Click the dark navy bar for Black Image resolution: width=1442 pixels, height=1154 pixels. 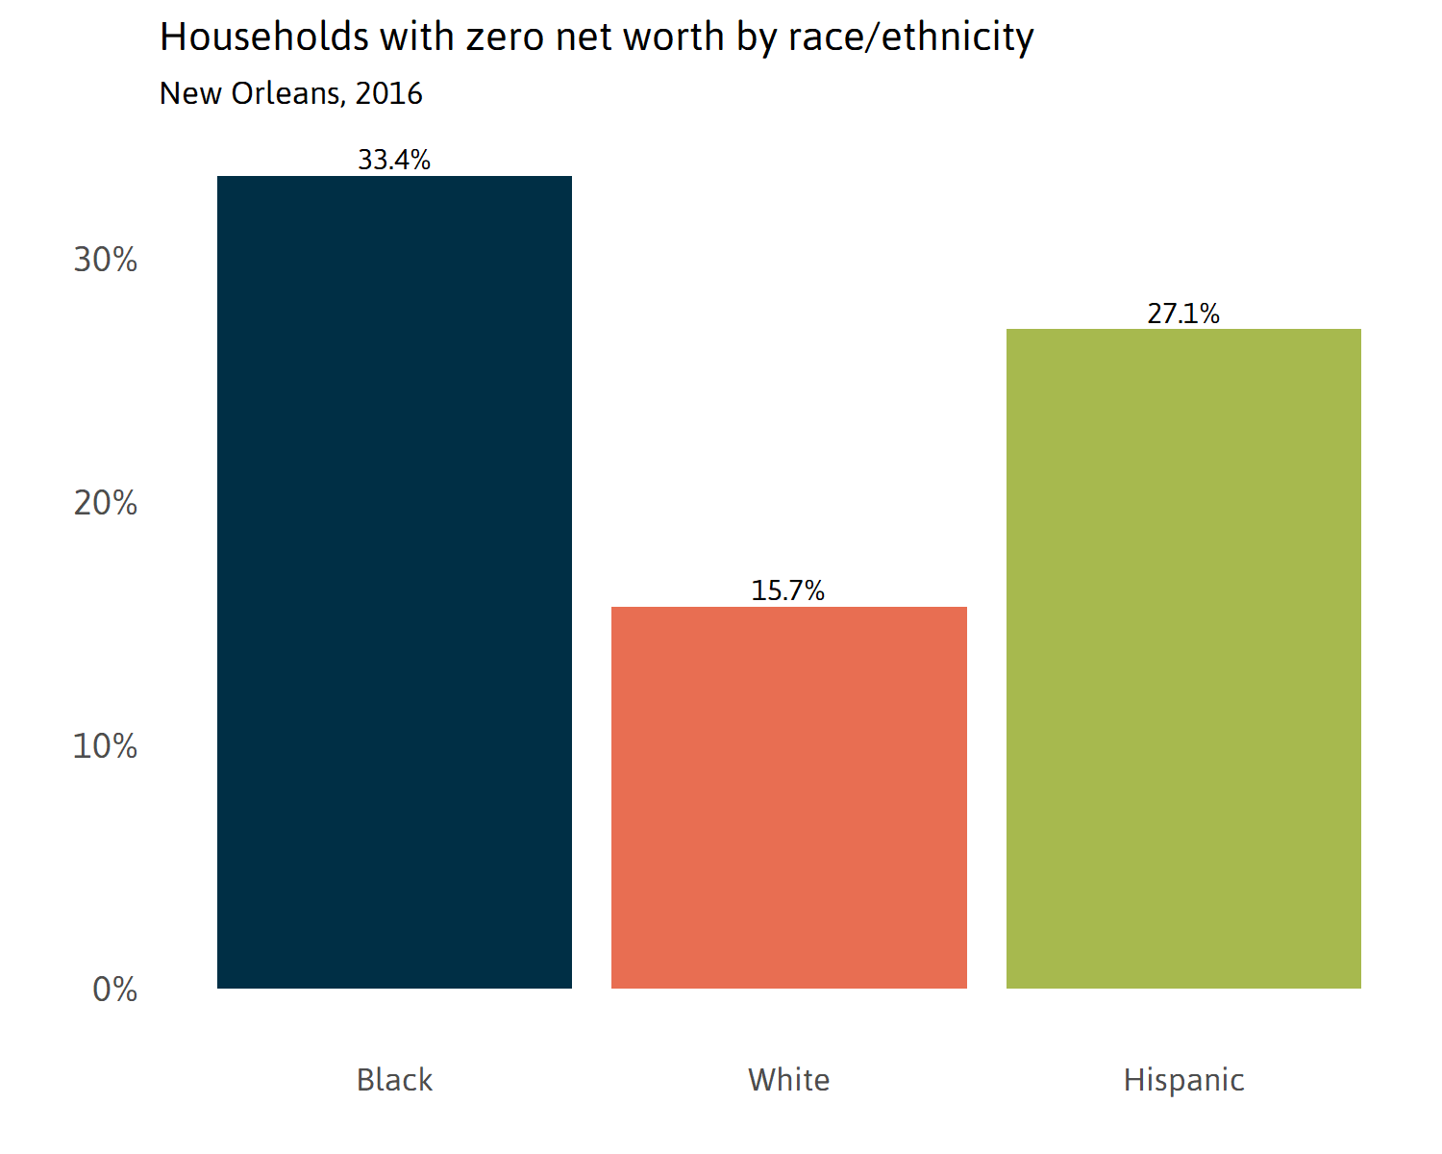click(394, 582)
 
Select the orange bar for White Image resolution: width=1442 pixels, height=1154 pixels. click(788, 797)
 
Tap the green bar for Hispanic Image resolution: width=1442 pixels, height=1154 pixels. click(1183, 659)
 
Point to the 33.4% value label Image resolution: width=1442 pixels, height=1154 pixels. click(394, 160)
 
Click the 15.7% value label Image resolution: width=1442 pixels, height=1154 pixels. click(788, 590)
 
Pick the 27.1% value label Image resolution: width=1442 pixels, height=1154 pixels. click(1183, 314)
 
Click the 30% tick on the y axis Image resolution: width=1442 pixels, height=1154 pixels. click(106, 260)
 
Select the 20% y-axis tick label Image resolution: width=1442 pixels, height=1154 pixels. click(106, 503)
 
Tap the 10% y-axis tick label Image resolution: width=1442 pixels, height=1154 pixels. click(106, 746)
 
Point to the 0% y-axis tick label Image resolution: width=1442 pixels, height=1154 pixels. click(115, 990)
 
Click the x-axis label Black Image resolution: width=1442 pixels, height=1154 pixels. click(394, 1080)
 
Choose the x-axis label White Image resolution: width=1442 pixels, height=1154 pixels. click(788, 1080)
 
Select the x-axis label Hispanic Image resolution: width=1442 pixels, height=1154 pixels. click(1183, 1080)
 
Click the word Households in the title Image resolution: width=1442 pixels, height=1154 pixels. click(264, 38)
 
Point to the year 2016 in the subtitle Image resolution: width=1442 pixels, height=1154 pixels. click(388, 93)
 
